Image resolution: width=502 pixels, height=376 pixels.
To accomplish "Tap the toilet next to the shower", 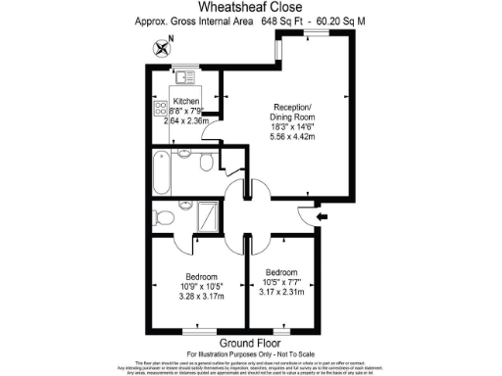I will click(x=164, y=217).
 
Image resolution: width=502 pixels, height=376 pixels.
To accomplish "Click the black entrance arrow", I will click(x=324, y=214).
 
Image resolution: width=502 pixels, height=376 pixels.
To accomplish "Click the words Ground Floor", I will click(x=250, y=344).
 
